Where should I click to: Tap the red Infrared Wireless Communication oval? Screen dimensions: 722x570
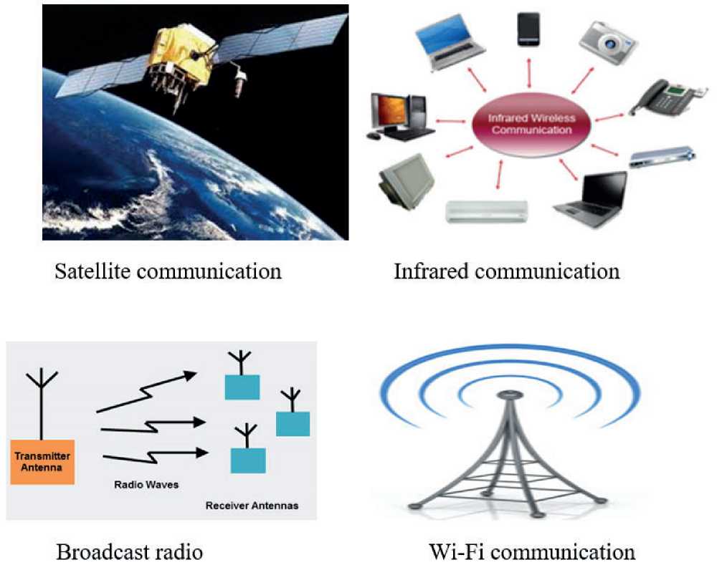coord(531,124)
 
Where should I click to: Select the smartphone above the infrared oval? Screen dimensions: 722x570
coord(529,29)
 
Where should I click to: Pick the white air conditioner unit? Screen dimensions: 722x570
coord(487,210)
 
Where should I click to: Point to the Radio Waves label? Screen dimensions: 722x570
coord(146,485)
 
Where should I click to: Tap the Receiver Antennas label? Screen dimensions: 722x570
coord(252,506)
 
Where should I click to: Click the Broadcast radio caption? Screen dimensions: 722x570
coord(129,552)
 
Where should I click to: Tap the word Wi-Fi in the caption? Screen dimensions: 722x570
coord(453,552)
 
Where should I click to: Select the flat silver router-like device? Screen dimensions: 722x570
coord(663,157)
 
